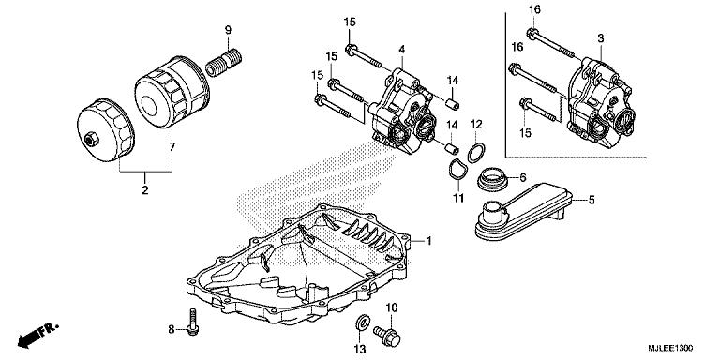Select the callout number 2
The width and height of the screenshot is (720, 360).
pyautogui.click(x=145, y=190)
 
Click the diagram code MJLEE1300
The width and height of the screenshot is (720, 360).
pyautogui.click(x=677, y=347)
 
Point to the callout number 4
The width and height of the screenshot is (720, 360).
pyautogui.click(x=401, y=49)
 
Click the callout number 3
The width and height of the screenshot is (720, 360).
pyautogui.click(x=601, y=37)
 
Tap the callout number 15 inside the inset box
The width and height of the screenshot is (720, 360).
pyautogui.click(x=524, y=133)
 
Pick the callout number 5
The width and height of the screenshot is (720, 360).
pyautogui.click(x=592, y=199)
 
